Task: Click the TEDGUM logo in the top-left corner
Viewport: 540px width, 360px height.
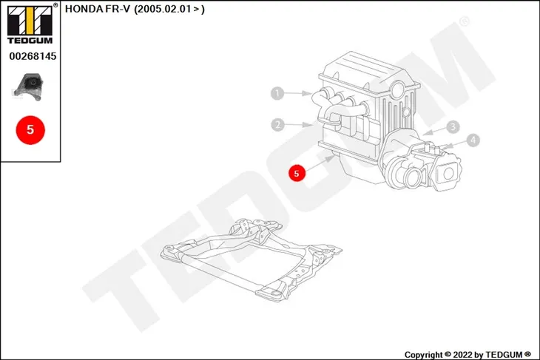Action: click(30, 24)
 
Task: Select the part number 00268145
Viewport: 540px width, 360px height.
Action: click(33, 56)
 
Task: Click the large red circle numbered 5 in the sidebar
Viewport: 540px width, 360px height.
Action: click(30, 130)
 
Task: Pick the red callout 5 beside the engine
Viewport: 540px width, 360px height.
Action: click(297, 173)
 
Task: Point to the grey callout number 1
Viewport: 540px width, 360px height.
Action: click(277, 93)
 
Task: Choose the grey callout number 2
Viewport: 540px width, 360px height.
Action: click(277, 125)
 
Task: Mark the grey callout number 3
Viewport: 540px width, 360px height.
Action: click(453, 127)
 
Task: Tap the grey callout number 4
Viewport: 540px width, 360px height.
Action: click(473, 140)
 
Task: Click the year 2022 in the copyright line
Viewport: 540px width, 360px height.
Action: click(462, 355)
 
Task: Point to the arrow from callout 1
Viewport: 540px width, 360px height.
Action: click(298, 93)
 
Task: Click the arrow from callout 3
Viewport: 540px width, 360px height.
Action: click(435, 131)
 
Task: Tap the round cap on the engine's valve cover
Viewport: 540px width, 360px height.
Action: click(398, 88)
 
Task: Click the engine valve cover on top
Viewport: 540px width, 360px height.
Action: click(369, 72)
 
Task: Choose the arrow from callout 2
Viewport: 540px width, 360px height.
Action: click(299, 124)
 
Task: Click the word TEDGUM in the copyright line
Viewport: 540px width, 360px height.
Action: click(504, 355)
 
